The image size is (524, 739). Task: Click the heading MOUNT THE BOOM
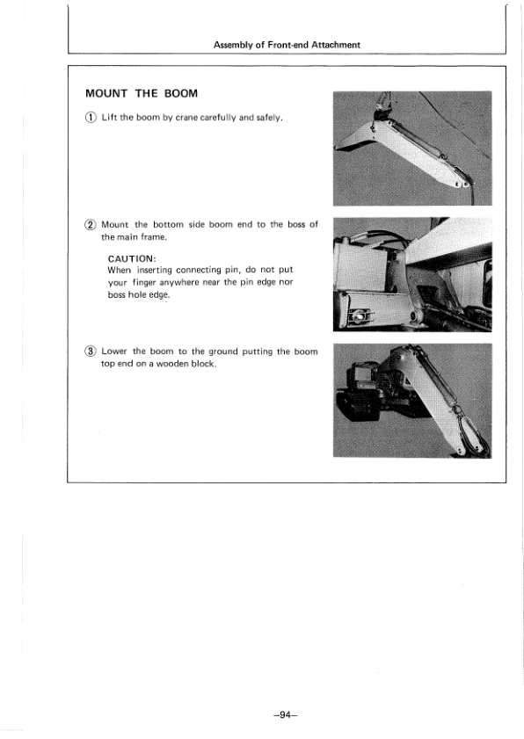coord(142,93)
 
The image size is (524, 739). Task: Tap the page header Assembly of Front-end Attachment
coord(287,45)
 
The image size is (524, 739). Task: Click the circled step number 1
coord(91,118)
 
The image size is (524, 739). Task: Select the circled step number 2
coord(91,225)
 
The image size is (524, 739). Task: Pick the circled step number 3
coord(91,351)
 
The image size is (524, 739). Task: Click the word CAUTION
coord(131,258)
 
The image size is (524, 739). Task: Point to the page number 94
coord(286,715)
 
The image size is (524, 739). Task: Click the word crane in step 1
coord(186,118)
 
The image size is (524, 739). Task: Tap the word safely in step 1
coord(269,118)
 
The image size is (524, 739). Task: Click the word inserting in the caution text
coord(155,270)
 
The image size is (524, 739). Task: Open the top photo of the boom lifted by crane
coord(412,149)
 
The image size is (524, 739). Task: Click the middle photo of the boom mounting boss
coord(412,274)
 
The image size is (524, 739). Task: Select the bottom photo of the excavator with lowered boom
coord(412,401)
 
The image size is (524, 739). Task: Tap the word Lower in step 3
coord(114,351)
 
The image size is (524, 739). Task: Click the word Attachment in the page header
coord(336,45)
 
